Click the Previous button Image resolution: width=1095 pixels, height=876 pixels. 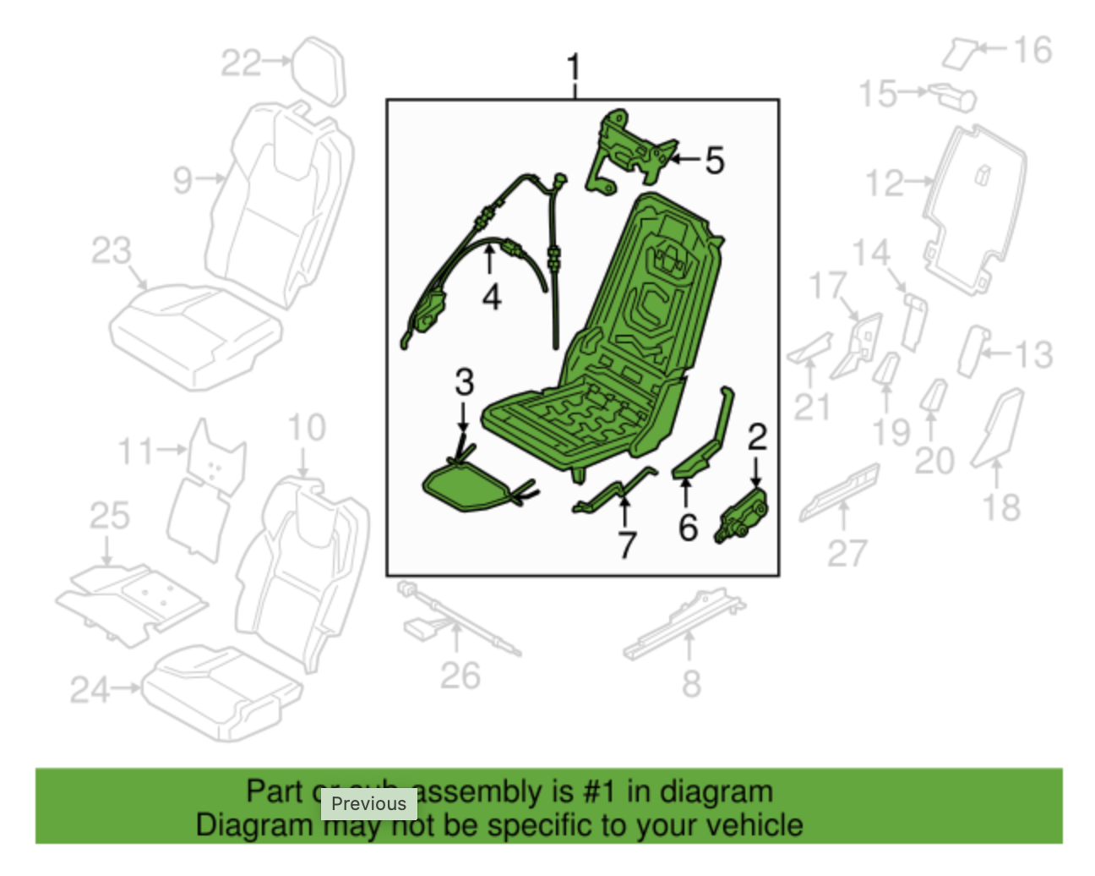click(x=368, y=803)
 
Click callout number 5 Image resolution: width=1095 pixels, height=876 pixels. click(x=715, y=160)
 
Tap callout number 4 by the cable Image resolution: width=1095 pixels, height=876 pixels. click(x=491, y=297)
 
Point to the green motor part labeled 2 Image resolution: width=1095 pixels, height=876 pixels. click(x=742, y=517)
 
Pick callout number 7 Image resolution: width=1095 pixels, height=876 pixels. click(x=626, y=544)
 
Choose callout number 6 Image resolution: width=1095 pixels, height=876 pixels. click(x=688, y=528)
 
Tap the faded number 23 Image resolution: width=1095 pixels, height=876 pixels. click(x=112, y=250)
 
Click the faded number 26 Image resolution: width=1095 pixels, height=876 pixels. click(x=460, y=676)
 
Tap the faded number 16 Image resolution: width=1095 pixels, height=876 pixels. click(x=1033, y=51)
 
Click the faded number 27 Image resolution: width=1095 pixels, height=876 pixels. click(x=847, y=554)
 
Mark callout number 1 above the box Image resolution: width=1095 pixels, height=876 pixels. click(x=575, y=67)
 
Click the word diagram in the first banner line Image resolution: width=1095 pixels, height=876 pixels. click(x=716, y=791)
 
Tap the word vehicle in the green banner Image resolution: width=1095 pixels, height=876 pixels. click(x=755, y=825)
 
